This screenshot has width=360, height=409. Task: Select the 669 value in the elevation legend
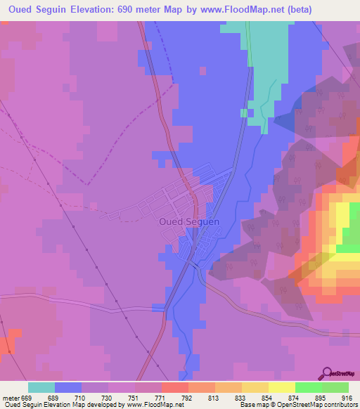click(26, 398)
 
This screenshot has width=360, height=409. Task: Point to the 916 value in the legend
click(347, 398)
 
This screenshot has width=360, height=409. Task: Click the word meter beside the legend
click(11, 398)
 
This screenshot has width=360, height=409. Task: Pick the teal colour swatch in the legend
click(41, 387)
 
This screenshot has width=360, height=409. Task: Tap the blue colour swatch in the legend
click(68, 387)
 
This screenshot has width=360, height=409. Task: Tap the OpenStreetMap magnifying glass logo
click(326, 374)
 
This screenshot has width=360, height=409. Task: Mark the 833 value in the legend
click(240, 398)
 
